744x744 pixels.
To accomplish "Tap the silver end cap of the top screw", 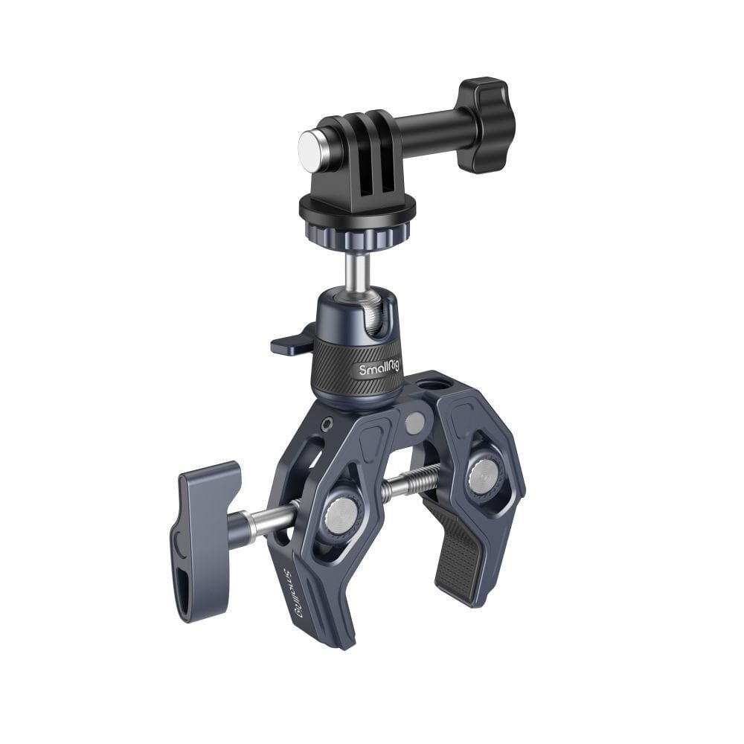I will tap(310, 144).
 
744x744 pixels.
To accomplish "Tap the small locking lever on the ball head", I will tap(292, 342).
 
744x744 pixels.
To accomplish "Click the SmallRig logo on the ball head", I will tap(379, 368).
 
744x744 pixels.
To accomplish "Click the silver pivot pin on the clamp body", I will tap(415, 423).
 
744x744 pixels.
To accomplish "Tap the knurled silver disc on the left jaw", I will tap(343, 513).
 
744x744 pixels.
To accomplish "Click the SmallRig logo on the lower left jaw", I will tap(295, 591).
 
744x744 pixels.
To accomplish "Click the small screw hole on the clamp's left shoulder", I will tap(327, 423).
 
